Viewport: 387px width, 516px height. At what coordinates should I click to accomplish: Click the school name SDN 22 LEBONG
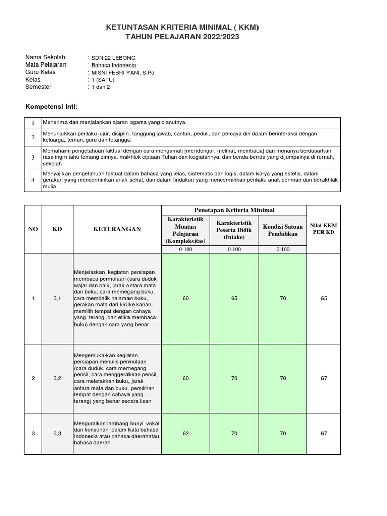(x=113, y=58)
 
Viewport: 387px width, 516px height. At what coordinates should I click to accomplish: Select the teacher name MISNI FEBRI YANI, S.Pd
(x=123, y=73)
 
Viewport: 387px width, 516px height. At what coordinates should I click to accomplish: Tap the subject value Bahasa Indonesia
(x=113, y=66)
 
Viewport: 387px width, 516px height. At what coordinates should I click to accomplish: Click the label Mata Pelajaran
(x=46, y=65)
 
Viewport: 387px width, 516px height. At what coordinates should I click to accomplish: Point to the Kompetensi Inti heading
(x=51, y=107)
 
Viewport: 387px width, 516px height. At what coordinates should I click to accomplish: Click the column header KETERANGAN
(x=117, y=229)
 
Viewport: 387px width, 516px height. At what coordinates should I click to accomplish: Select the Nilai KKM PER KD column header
(x=324, y=229)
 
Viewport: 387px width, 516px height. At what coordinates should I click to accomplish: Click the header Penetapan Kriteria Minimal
(x=234, y=210)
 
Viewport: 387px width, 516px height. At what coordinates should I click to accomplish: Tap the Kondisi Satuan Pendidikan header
(x=283, y=230)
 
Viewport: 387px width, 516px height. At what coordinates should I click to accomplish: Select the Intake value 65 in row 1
(x=234, y=299)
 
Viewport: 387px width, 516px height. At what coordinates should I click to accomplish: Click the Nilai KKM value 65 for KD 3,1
(x=324, y=299)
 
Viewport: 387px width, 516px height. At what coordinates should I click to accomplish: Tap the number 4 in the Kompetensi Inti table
(x=33, y=180)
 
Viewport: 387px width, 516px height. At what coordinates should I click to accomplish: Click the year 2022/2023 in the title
(x=215, y=37)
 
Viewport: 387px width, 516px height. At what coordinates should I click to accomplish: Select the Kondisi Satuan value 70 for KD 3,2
(x=283, y=378)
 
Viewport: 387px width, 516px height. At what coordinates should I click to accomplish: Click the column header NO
(x=33, y=229)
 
